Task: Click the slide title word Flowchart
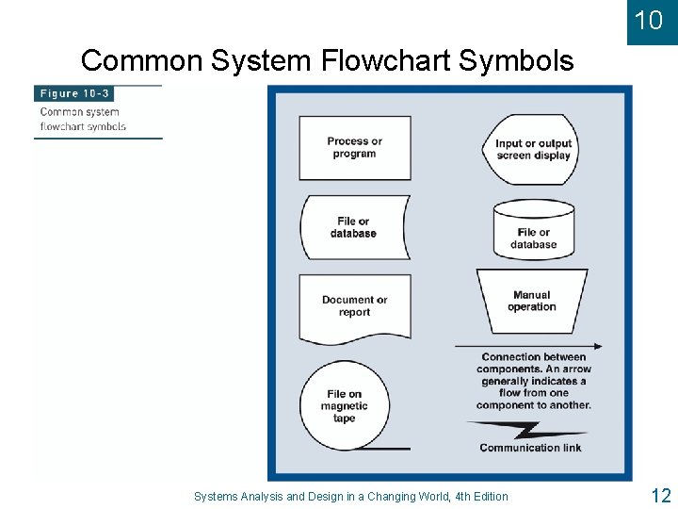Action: [x=386, y=61]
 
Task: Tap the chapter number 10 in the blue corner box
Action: [x=649, y=20]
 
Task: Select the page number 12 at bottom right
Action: [x=659, y=495]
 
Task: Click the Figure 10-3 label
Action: [x=73, y=94]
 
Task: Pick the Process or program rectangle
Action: [x=354, y=148]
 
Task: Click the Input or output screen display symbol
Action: [x=533, y=149]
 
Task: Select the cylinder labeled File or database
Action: [x=534, y=228]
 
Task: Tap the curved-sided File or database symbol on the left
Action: [x=353, y=227]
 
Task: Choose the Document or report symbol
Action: [x=354, y=306]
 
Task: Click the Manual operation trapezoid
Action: [x=531, y=301]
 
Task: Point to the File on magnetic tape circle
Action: [x=344, y=406]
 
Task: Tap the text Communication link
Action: [x=530, y=448]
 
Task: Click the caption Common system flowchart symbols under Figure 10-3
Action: [x=83, y=119]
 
